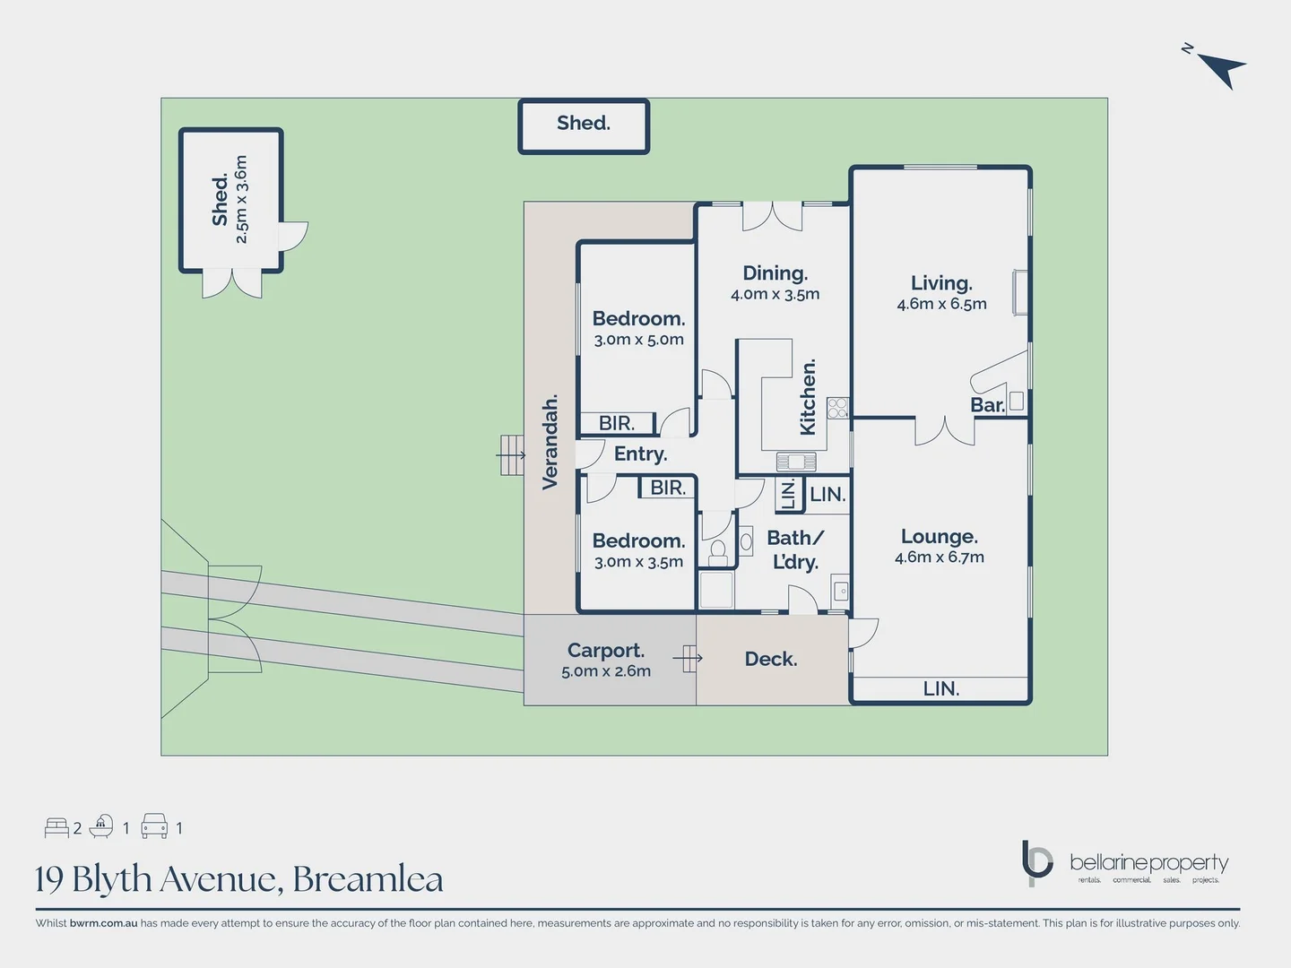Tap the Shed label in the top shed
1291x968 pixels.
(583, 123)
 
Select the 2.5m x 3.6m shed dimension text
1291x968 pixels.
(241, 199)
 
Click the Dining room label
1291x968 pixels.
(775, 273)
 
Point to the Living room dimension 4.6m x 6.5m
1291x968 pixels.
(941, 305)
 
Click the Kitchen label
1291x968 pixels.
(808, 397)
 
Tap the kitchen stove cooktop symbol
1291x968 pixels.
(837, 408)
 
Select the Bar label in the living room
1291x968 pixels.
(987, 405)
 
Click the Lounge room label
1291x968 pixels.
(939, 537)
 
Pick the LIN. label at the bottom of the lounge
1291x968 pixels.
(940, 688)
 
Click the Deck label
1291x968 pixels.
(770, 659)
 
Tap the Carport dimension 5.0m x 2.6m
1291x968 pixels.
(606, 671)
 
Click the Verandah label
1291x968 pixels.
(550, 442)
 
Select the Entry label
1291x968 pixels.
(640, 454)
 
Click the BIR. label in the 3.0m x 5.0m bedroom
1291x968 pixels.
(616, 423)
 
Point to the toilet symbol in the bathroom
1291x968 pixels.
(717, 550)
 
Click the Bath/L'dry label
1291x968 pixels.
(795, 549)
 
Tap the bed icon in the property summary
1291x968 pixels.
(56, 827)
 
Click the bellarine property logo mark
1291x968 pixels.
(1037, 862)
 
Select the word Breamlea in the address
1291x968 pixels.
(368, 879)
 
